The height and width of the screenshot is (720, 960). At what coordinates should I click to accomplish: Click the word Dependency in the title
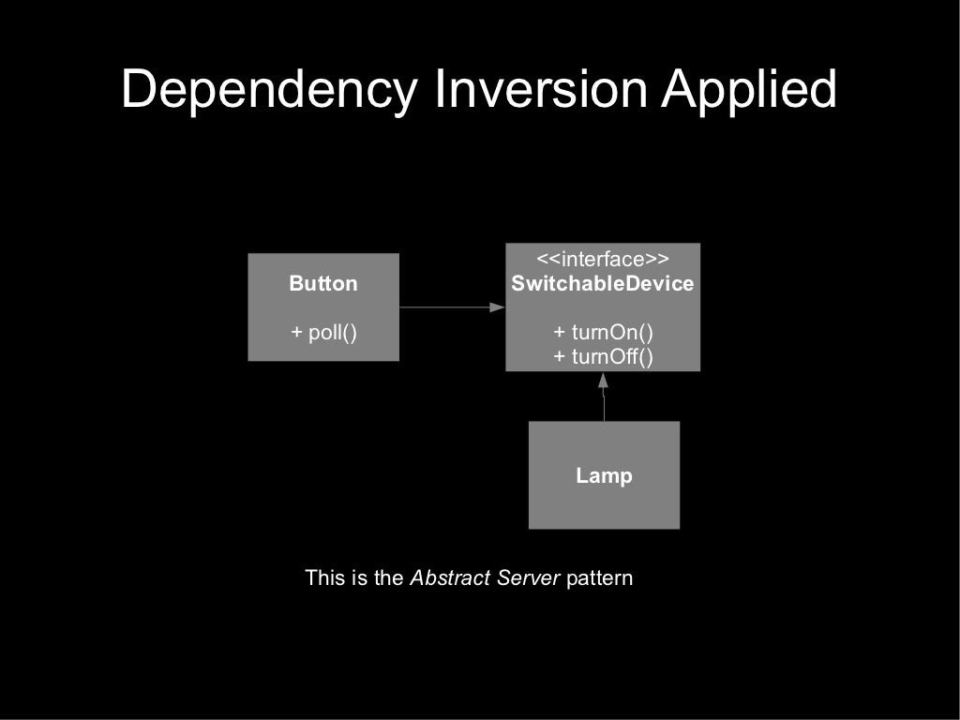coord(270,91)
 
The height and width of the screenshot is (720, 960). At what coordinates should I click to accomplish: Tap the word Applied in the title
coord(749,91)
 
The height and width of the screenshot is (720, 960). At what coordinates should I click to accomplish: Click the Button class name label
coord(323,284)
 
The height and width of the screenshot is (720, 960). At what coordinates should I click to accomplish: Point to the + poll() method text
coord(323,332)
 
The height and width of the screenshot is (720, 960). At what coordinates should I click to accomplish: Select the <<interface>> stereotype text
coord(603,260)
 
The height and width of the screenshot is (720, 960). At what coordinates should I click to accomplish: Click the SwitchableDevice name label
coord(603,284)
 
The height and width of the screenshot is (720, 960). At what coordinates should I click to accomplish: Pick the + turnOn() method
coord(603,332)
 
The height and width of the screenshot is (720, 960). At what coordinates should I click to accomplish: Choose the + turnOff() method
coord(603,356)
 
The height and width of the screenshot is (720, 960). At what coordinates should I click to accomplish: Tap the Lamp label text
coord(604,475)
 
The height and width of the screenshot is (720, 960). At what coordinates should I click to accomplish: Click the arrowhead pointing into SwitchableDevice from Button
coord(498,307)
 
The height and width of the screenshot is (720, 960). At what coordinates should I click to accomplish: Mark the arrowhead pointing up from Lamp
coord(604,381)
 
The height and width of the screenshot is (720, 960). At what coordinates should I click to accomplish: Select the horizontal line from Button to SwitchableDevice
coord(445,307)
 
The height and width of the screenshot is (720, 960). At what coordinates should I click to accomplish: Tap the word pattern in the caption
coord(600,577)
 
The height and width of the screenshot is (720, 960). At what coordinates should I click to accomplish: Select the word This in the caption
coord(325,577)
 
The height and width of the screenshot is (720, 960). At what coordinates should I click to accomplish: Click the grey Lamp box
coord(562,506)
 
